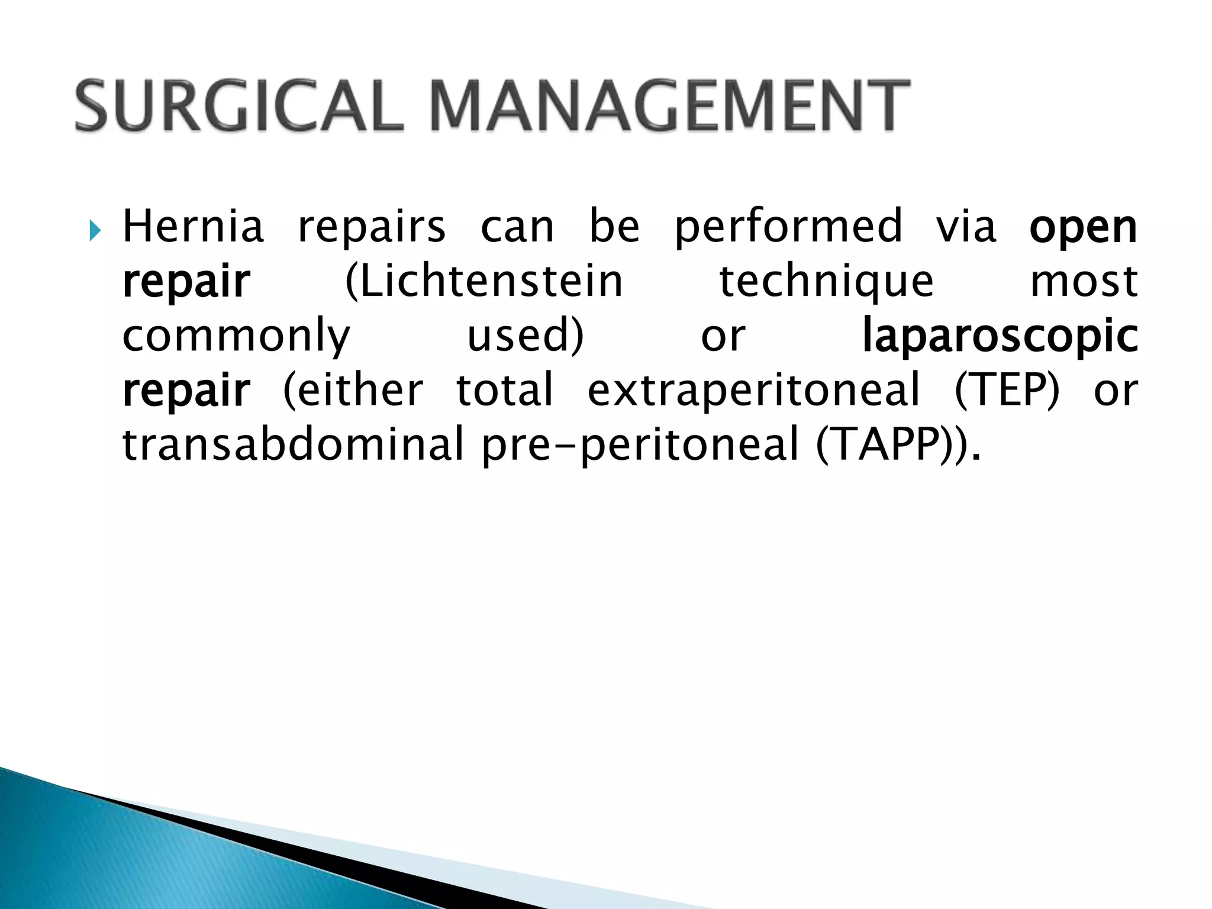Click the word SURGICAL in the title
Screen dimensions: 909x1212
(x=240, y=107)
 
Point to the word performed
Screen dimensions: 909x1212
(x=788, y=228)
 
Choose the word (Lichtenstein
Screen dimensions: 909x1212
(x=483, y=282)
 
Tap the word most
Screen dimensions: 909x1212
(x=1084, y=282)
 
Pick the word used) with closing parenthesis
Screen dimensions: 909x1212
(x=526, y=336)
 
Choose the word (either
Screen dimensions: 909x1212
(x=353, y=391)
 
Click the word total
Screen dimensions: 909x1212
(x=505, y=391)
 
